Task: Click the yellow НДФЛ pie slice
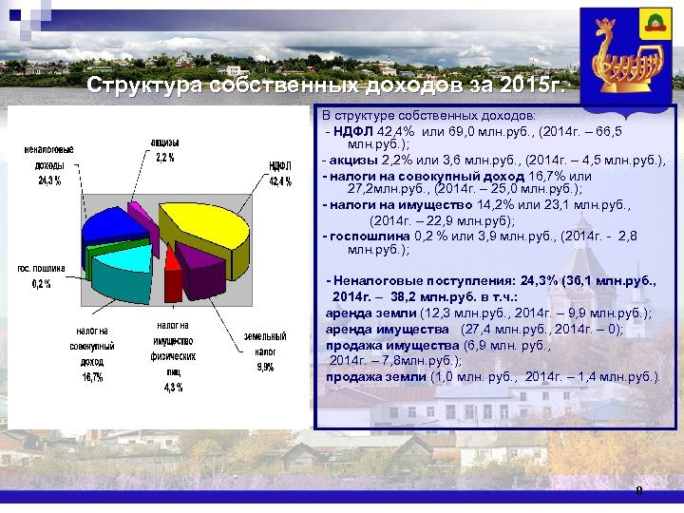coord(204,221)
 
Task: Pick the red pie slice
coord(173,271)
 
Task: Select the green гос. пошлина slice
coord(91,255)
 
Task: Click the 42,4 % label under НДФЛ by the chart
coord(279,181)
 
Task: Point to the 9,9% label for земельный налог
coord(264,367)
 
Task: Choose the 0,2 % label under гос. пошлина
coord(41,283)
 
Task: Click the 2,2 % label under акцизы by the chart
coord(164,158)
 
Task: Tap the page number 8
coord(639,491)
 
